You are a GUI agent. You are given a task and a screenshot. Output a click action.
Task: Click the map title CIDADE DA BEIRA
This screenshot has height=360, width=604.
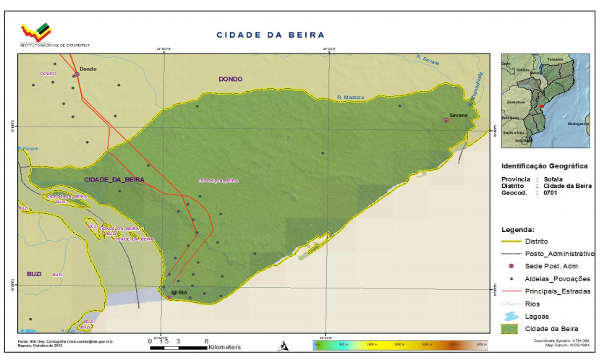click(271, 35)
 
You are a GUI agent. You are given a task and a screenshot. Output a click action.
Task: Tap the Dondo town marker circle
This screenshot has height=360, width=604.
click(77, 74)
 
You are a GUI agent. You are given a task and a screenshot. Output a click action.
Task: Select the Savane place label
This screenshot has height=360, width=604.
click(459, 115)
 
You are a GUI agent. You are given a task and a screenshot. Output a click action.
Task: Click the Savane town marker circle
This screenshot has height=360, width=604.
click(446, 120)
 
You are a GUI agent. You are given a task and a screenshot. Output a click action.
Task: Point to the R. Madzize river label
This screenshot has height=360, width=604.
click(351, 98)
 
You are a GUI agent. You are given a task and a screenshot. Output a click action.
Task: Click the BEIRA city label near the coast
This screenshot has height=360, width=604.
click(179, 293)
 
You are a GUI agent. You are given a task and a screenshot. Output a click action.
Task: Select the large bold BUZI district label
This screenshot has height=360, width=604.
click(34, 274)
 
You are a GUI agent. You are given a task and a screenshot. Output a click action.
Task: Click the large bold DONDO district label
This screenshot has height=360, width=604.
click(231, 79)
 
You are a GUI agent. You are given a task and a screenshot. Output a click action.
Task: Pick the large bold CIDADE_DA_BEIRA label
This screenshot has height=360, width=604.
click(114, 179)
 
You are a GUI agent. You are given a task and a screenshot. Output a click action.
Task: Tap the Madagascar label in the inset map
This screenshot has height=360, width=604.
click(579, 124)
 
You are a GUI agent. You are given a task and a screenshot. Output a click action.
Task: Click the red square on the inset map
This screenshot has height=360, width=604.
click(542, 106)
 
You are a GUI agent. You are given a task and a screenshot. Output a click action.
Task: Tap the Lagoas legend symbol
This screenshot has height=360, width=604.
click(511, 317)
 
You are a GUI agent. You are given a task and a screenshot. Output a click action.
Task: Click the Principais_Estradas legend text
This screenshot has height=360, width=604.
click(561, 291)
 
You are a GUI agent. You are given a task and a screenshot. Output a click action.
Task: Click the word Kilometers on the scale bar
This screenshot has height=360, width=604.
click(224, 348)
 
